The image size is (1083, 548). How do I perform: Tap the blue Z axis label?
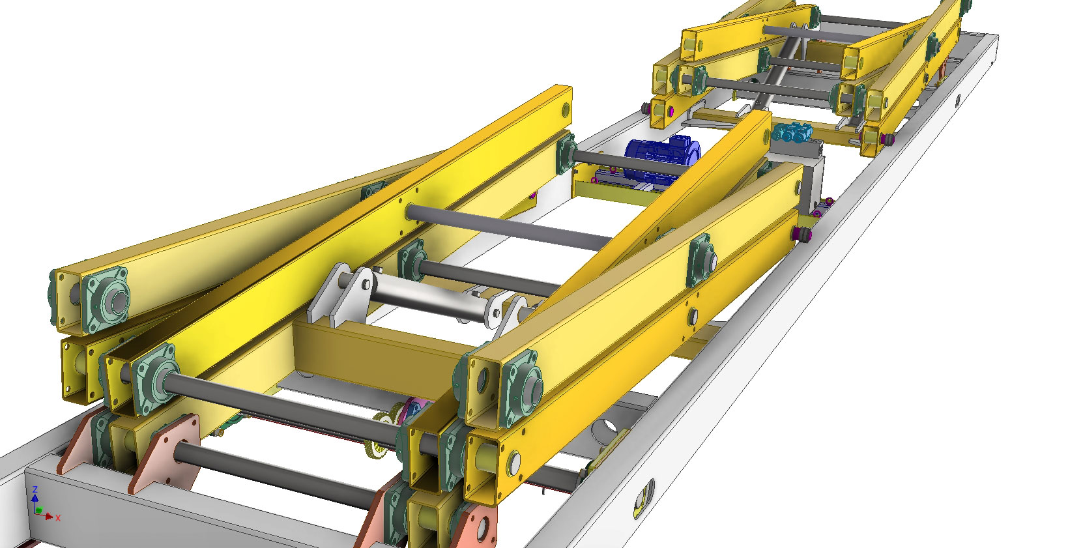click(35, 491)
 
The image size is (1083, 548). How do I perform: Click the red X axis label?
click(58, 518)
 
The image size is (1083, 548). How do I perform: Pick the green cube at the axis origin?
click(38, 510)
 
